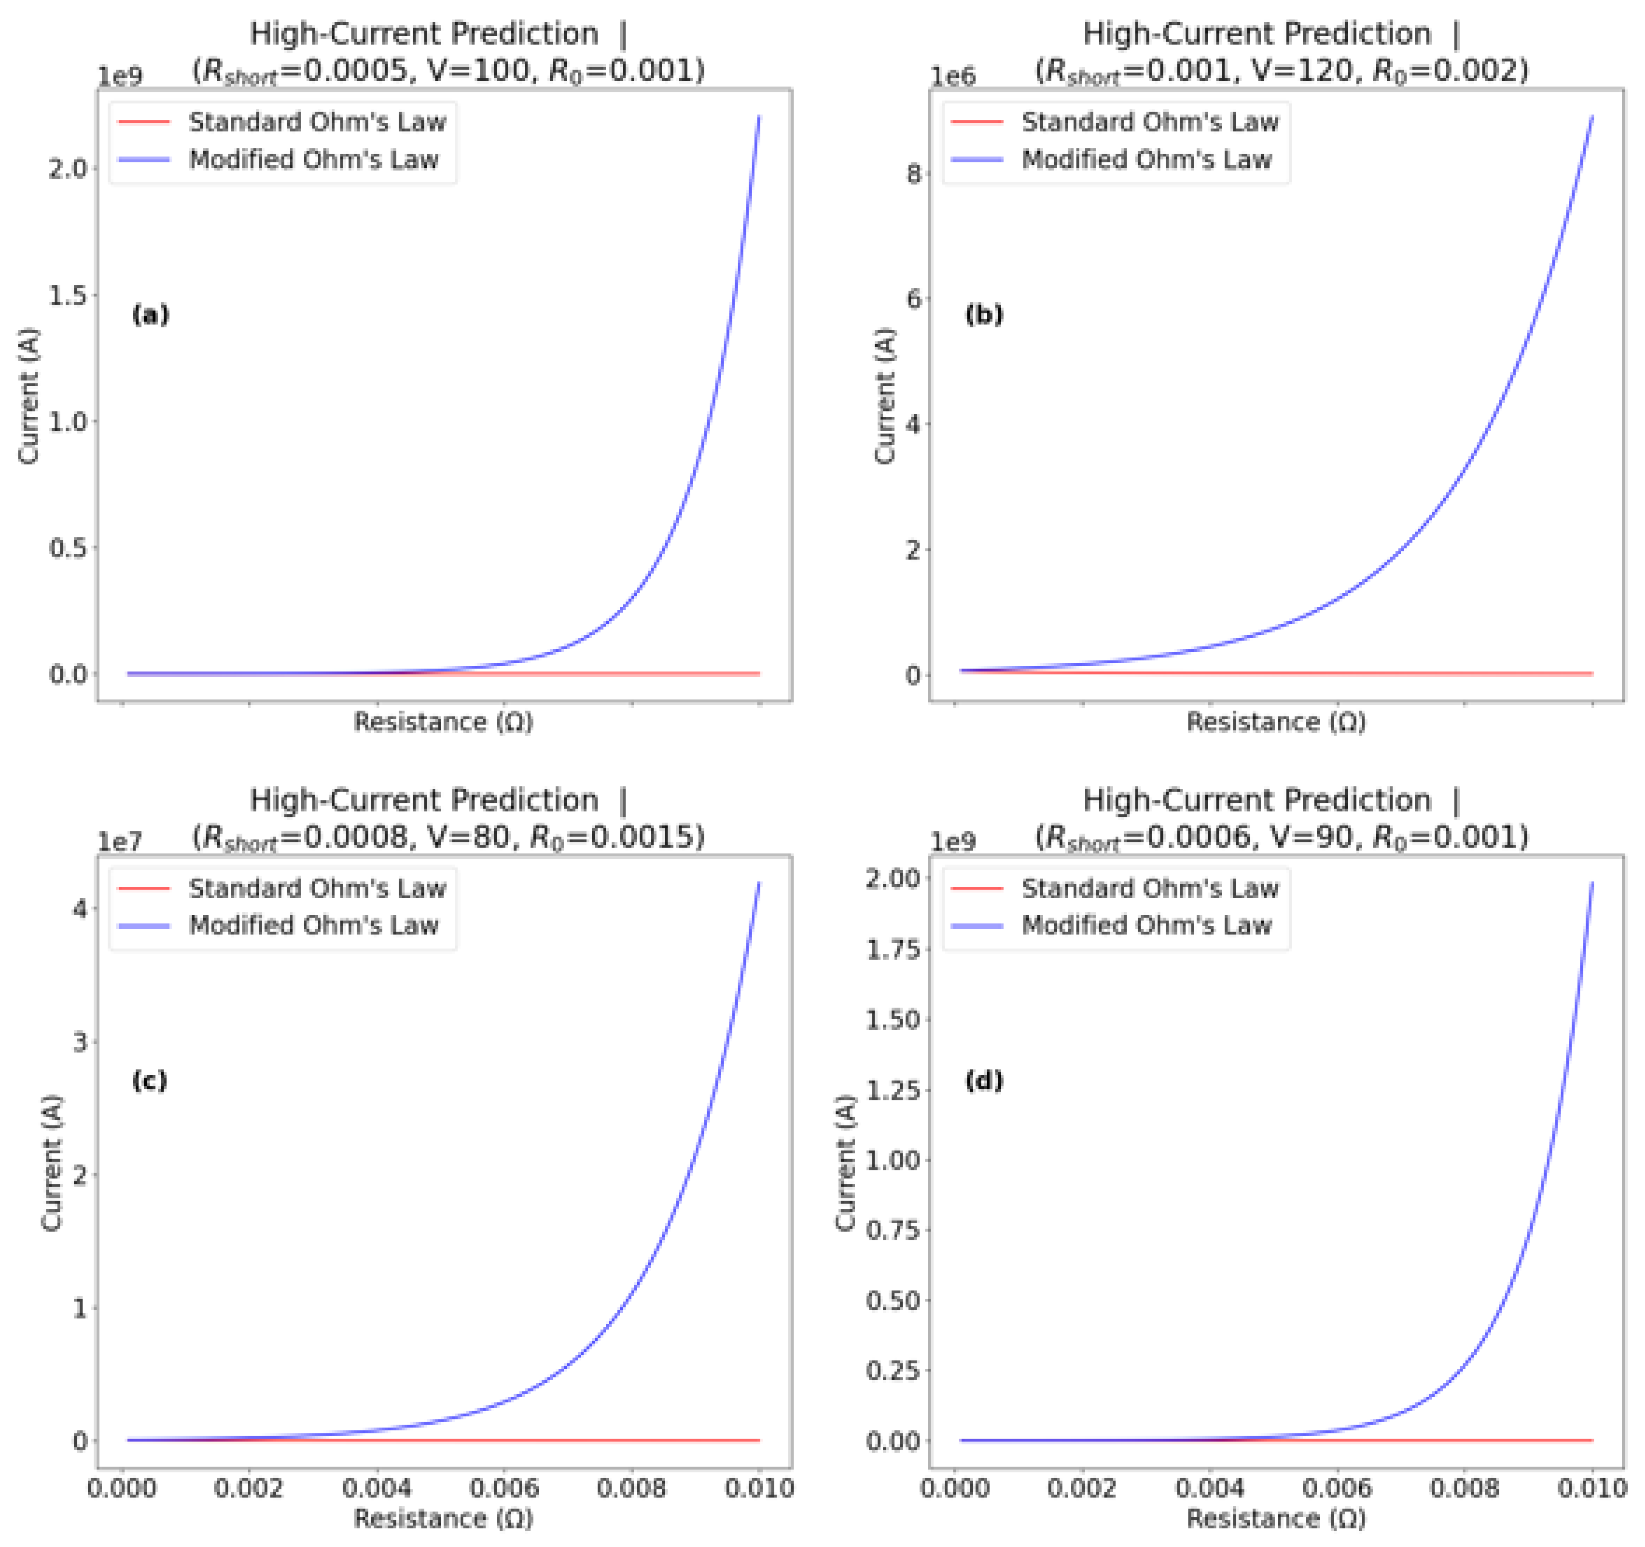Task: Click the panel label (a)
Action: [x=151, y=315]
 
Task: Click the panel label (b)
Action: [x=984, y=315]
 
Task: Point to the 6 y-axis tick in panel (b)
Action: [x=913, y=299]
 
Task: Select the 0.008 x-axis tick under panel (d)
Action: [x=1465, y=1488]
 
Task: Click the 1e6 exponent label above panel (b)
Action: [x=953, y=76]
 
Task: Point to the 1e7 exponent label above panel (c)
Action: [x=120, y=842]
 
